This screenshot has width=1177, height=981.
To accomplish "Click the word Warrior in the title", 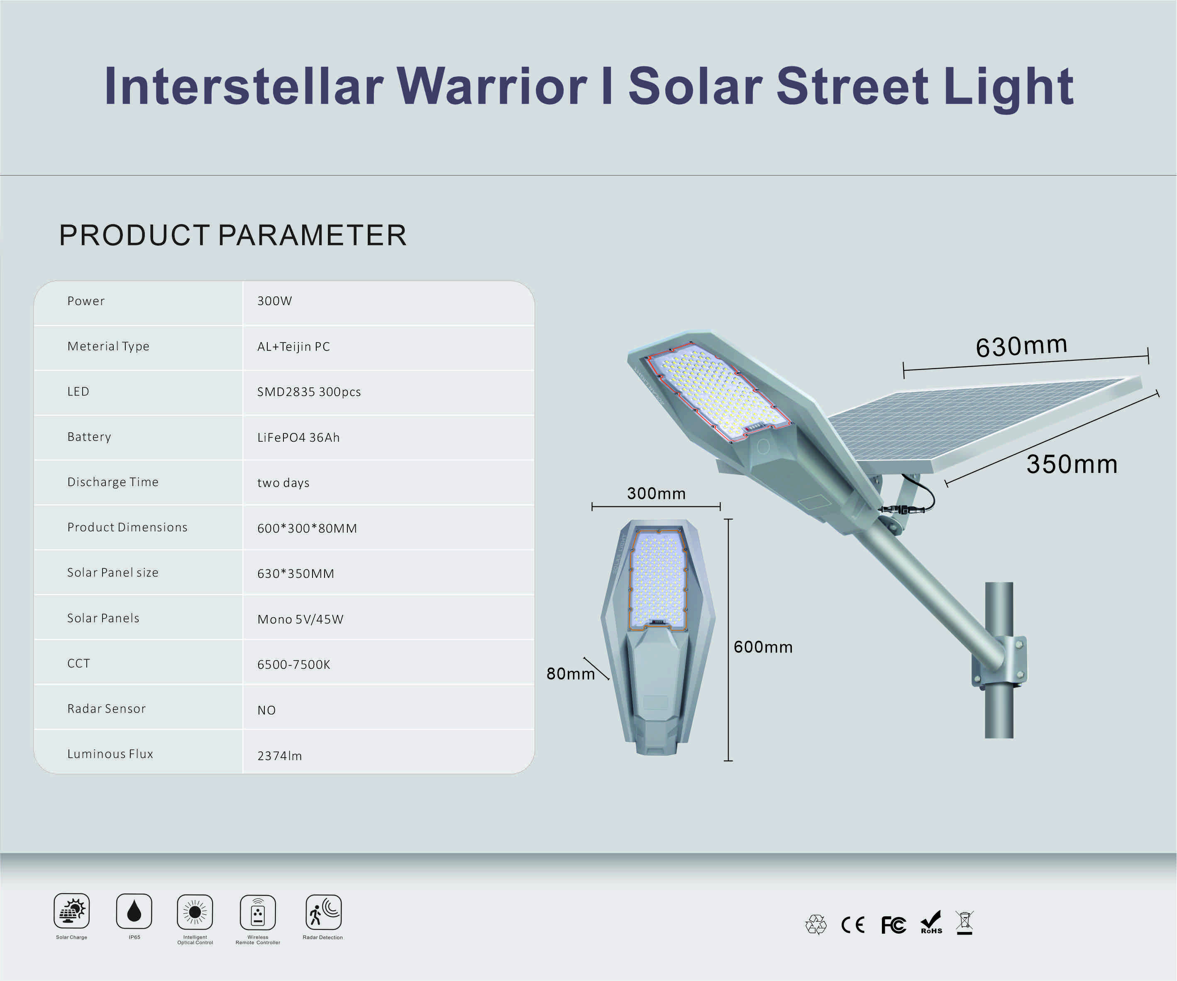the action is pos(491,86).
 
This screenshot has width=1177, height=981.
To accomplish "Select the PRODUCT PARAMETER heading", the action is pos(232,235).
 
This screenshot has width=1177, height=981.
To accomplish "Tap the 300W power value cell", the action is pos(275,301).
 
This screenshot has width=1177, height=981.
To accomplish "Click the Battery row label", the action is pos(89,437).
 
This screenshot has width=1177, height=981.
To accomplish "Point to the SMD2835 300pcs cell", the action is pos(309,392).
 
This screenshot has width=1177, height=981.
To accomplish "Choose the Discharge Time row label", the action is pos(112,482).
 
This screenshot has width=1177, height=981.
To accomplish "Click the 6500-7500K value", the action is pos(294,665).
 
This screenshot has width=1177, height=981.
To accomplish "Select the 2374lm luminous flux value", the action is pos(280,756).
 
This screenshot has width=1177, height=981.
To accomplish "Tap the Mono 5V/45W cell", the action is pos(300,619).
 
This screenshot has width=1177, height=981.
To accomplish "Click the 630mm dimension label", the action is pos(1021,346).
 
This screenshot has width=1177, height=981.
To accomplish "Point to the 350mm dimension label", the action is pos(1072,465).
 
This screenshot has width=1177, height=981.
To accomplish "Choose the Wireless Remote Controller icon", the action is pos(258,913).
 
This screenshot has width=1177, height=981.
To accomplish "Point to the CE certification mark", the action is pos(852,925).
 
